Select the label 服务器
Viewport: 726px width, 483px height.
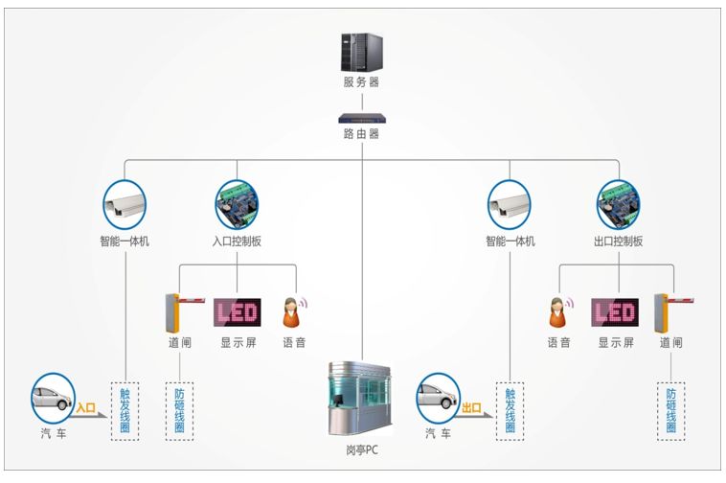pos(361,82)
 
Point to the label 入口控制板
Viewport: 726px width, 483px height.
pos(237,241)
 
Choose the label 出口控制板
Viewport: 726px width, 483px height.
pos(618,241)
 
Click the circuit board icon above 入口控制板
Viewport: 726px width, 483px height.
pos(237,202)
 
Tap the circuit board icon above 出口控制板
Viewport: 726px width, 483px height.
pos(618,202)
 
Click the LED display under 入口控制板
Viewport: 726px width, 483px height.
pos(236,312)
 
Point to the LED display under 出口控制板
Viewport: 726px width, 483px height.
pos(615,312)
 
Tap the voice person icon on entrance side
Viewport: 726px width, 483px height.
pos(293,312)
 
